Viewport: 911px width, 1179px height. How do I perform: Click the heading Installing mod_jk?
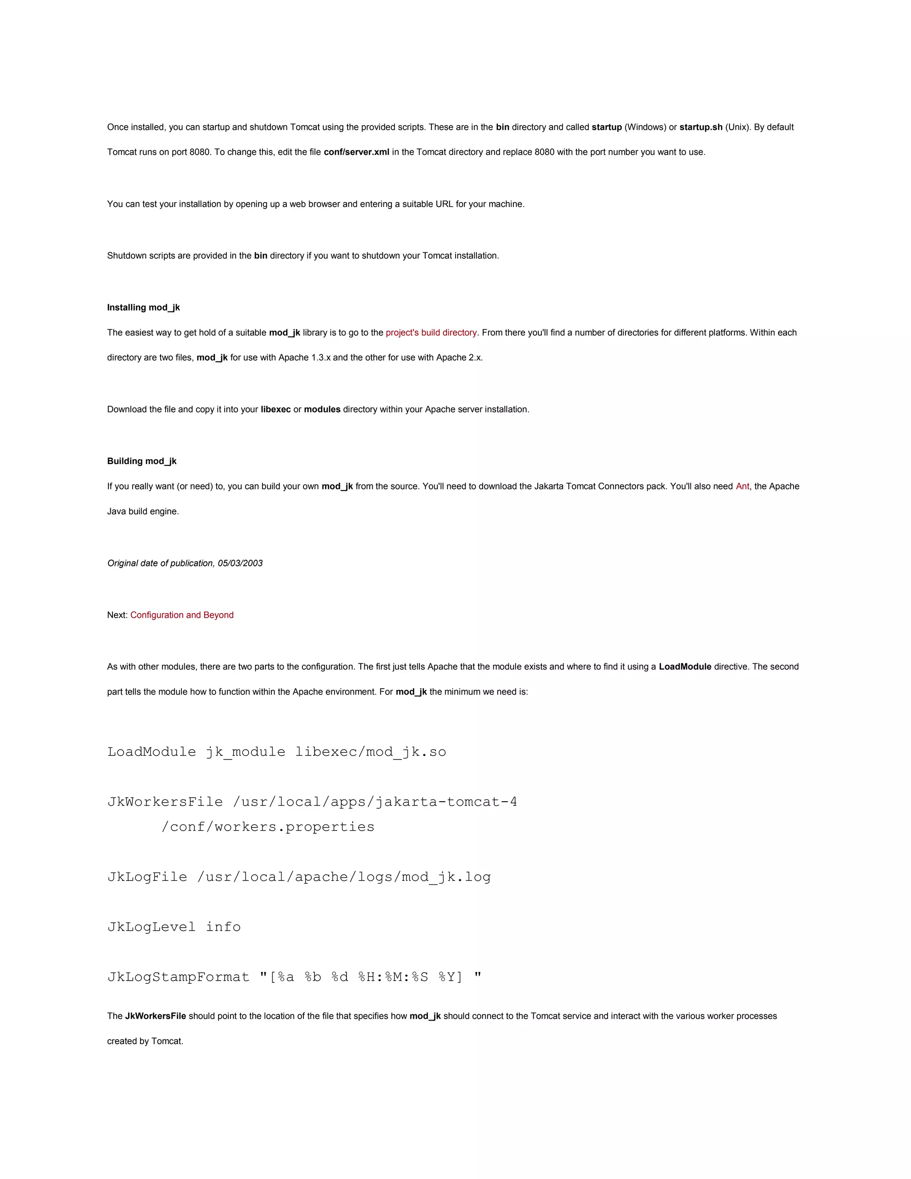(x=143, y=308)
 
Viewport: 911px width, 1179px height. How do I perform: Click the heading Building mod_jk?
(x=141, y=461)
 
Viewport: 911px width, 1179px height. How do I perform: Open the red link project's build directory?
(x=431, y=332)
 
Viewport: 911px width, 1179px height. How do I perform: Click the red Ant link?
(x=742, y=486)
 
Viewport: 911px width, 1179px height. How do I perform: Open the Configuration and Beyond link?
(x=182, y=615)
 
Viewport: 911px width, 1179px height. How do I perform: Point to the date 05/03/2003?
(x=240, y=563)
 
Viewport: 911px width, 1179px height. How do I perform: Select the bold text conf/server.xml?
(x=356, y=152)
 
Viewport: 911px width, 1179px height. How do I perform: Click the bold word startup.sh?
(x=701, y=127)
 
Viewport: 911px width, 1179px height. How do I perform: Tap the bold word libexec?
(x=275, y=409)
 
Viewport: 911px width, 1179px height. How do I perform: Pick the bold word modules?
(x=322, y=409)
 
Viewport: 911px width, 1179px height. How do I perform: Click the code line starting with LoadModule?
(x=276, y=752)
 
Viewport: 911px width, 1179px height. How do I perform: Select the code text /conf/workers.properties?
(x=268, y=827)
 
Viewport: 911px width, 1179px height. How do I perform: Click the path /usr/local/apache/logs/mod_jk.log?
(x=344, y=877)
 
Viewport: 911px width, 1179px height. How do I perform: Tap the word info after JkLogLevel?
(x=223, y=927)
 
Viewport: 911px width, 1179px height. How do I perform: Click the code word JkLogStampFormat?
(x=178, y=977)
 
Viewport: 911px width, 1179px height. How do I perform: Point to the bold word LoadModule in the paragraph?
(x=685, y=667)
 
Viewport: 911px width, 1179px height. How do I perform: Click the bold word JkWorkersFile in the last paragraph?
(x=155, y=1016)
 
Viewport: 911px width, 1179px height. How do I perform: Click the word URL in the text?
(x=445, y=204)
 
